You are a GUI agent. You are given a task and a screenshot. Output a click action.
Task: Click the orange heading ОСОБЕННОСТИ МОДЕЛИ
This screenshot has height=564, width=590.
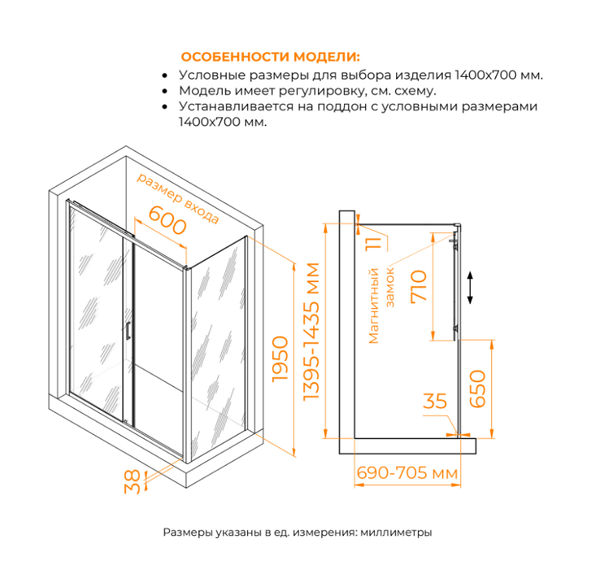pos(270,57)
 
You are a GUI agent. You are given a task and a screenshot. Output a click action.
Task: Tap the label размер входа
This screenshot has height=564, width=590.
pos(178,197)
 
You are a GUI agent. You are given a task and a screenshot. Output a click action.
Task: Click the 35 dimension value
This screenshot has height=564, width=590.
pos(435,401)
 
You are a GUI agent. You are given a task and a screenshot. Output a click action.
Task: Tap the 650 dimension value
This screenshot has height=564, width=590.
pos(478,387)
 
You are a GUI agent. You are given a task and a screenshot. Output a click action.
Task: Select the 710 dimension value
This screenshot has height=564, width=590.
pos(419,286)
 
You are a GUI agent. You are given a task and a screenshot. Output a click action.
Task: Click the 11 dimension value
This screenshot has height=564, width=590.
pos(374,243)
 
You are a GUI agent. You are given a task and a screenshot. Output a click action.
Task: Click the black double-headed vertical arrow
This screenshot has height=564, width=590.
pos(470,288)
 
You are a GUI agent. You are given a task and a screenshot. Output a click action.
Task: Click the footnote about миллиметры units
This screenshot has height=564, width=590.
pos(297,532)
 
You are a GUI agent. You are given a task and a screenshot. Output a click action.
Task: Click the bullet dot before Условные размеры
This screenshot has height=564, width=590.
pos(164,75)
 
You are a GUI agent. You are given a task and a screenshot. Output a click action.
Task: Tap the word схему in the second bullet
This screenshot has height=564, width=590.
pos(416,91)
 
